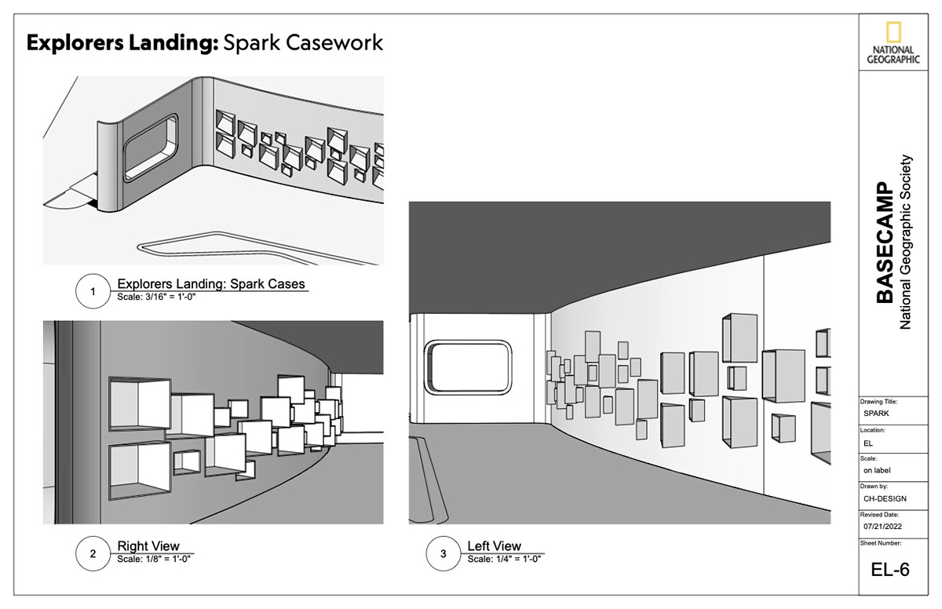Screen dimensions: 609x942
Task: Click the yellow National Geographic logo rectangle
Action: point(893,33)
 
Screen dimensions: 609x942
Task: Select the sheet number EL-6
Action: point(890,570)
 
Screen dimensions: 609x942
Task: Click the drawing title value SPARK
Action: point(876,413)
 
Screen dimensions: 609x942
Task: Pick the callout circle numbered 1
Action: point(93,292)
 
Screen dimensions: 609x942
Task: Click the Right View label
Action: point(148,546)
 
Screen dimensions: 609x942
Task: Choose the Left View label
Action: point(494,546)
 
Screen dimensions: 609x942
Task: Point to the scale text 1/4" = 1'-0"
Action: point(504,560)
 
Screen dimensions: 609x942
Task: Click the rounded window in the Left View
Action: point(467,366)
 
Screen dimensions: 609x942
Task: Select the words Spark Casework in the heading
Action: point(303,42)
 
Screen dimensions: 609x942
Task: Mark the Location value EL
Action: point(868,443)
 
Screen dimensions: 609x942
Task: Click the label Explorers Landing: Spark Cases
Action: point(210,283)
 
